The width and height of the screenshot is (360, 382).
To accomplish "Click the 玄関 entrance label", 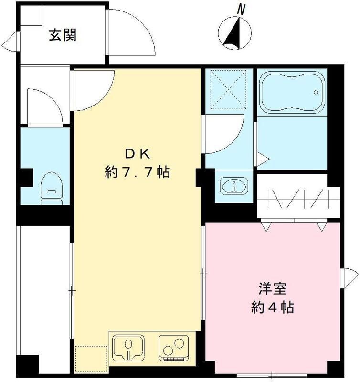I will click(x=63, y=35).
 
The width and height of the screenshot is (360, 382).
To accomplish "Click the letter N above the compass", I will click(x=242, y=9).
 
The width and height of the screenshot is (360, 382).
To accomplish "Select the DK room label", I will click(x=138, y=154).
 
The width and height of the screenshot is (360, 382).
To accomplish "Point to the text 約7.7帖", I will click(x=138, y=172).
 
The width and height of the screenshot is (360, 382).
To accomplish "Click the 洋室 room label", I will click(x=272, y=289).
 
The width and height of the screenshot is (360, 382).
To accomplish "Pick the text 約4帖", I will click(x=272, y=308).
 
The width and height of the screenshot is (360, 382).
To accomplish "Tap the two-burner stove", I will click(x=172, y=348).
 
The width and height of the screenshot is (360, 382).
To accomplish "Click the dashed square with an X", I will click(x=227, y=89).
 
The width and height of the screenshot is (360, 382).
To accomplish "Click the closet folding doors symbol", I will click(x=298, y=198).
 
